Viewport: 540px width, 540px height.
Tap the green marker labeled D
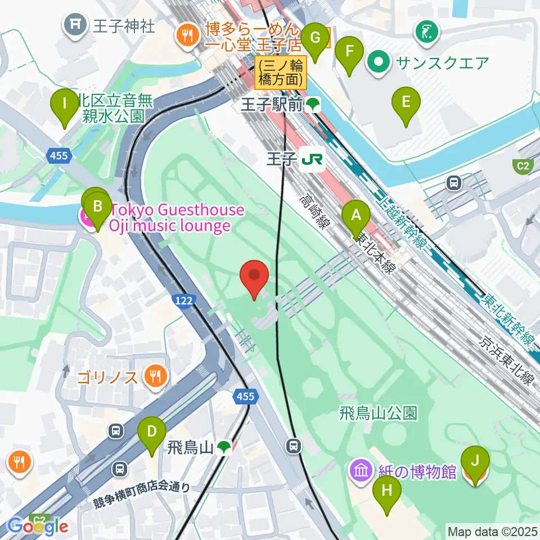152,433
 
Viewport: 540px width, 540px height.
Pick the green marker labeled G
314,39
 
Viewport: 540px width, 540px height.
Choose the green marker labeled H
387,492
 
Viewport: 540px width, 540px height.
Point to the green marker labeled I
65,105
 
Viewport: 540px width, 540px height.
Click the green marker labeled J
475,463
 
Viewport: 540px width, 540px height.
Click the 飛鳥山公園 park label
379,413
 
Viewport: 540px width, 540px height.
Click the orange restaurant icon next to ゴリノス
154,376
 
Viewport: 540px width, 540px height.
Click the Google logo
38,526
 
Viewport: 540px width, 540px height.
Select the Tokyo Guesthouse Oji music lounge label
177,218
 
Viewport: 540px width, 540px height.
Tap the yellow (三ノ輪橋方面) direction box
281,72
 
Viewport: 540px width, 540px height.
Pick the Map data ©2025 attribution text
492,530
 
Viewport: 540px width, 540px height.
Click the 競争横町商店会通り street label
143,488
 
